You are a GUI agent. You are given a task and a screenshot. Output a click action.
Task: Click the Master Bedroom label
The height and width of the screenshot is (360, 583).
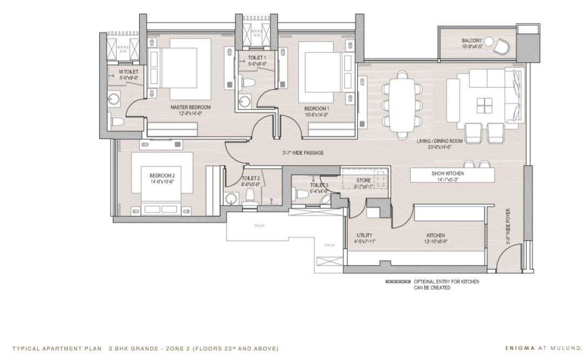190,107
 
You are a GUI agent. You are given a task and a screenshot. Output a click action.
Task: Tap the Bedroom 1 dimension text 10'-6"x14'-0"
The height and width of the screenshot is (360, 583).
316,114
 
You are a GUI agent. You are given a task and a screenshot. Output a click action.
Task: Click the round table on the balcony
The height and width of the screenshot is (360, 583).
489,41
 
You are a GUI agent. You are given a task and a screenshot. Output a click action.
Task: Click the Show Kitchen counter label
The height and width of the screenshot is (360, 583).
452,173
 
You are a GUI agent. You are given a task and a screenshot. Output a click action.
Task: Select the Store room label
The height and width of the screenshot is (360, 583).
363,180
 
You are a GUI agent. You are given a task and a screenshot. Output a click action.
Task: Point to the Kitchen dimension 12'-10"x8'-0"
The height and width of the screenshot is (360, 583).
436,242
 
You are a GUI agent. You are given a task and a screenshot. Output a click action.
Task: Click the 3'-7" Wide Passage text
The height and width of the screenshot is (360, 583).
303,153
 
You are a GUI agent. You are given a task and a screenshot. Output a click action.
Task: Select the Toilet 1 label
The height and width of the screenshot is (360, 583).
256,57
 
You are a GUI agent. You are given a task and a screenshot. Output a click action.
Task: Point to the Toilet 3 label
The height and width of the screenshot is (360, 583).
318,185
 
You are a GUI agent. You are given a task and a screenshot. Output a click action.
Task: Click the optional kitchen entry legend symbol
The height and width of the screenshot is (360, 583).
398,282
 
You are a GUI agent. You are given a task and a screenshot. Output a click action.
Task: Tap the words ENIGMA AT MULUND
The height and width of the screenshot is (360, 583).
543,349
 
